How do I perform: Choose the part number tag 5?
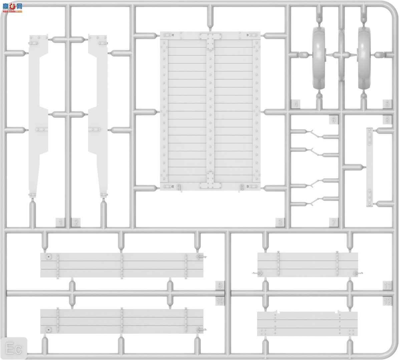click(387, 104)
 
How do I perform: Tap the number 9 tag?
click(220, 286)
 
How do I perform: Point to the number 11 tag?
click(387, 286)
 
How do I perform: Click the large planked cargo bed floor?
click(210, 112)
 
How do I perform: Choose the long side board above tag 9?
click(122, 265)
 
